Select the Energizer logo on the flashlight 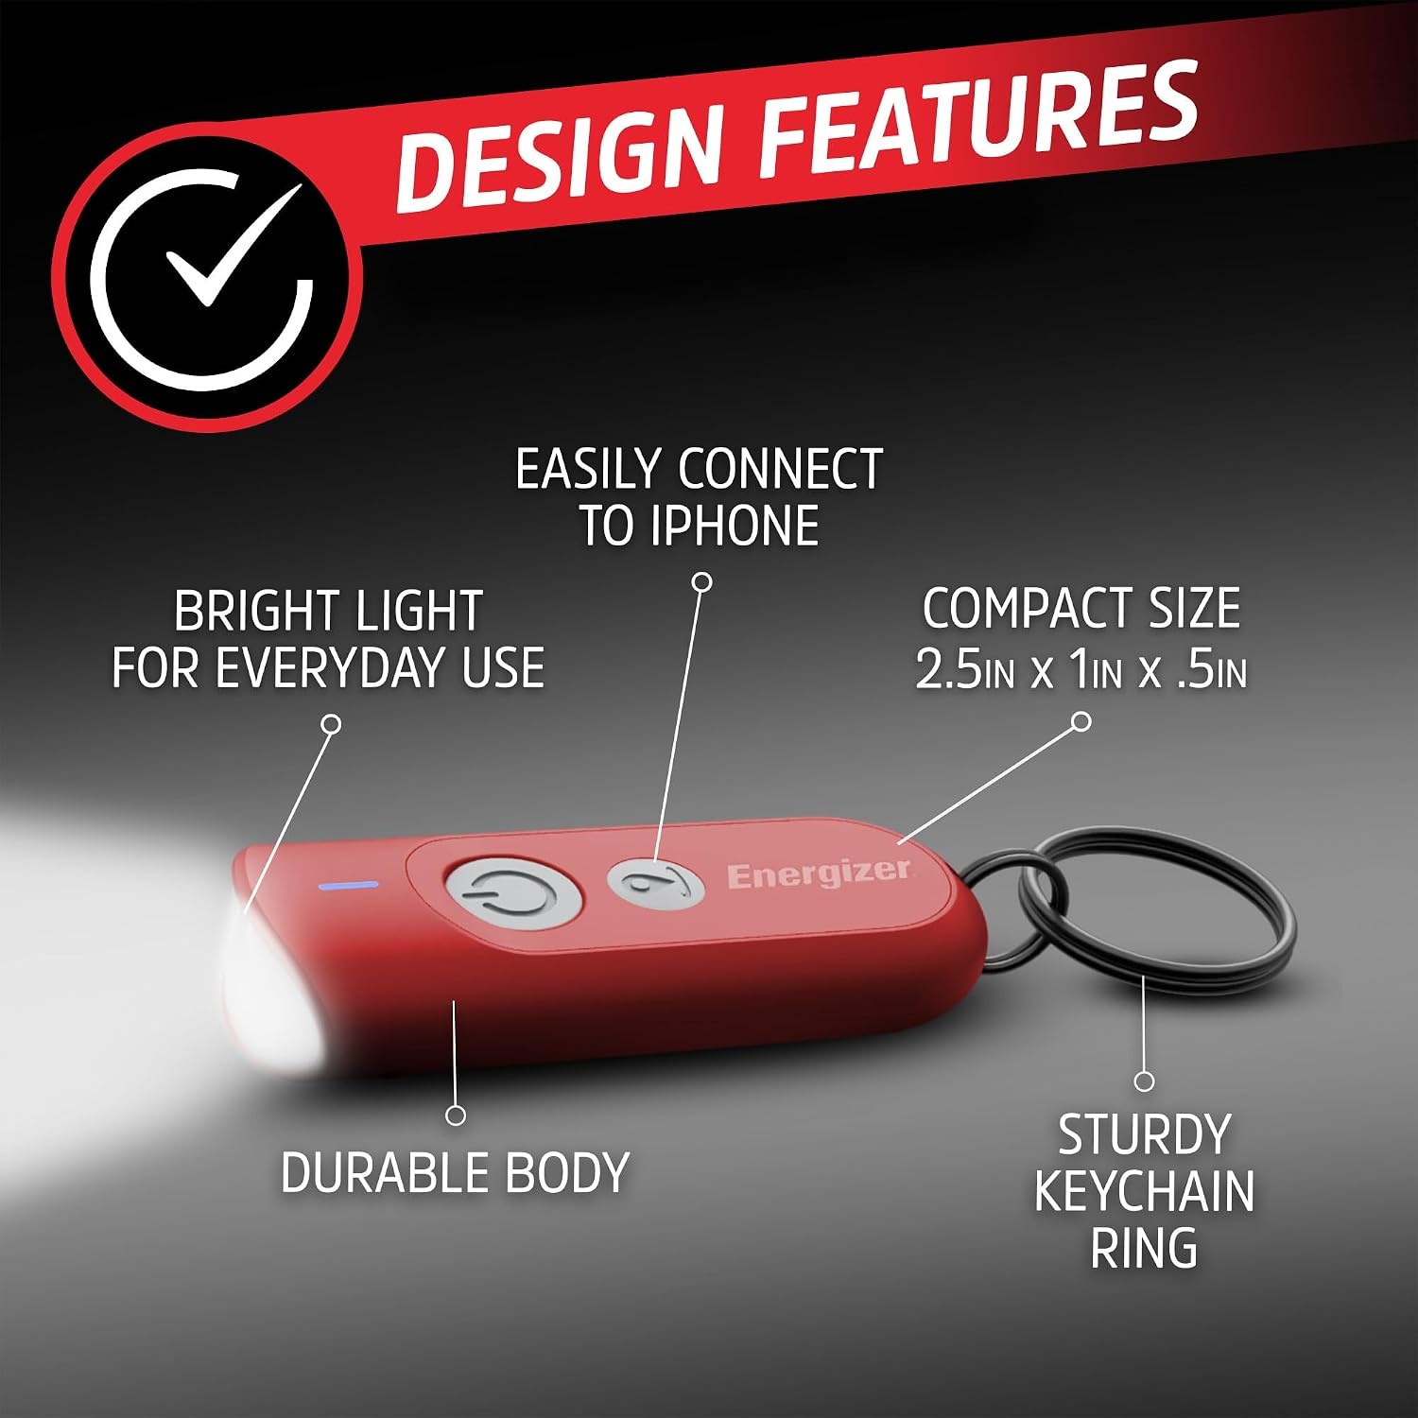819,873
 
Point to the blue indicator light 350,886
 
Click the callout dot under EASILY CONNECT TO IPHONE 701,581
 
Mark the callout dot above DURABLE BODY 456,1115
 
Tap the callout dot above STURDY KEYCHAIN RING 1144,1081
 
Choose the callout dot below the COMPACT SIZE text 1082,722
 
